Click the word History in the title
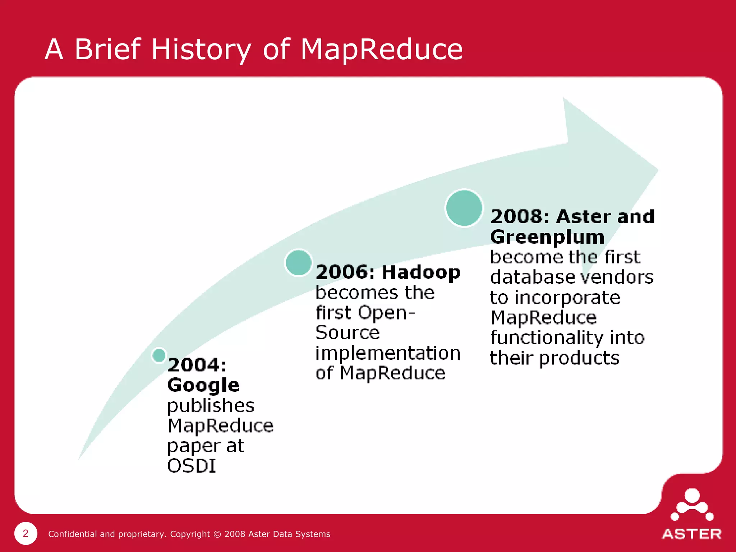(x=201, y=50)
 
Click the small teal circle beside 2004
(x=159, y=355)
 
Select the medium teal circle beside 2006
(x=298, y=263)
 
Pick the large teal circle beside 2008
(x=464, y=208)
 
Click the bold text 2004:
(x=197, y=365)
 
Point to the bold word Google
(x=203, y=385)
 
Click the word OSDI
(x=192, y=466)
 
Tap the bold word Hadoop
(x=421, y=272)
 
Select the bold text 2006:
(x=345, y=272)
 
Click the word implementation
(x=388, y=353)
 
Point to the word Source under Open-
(x=348, y=333)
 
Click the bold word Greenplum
(x=547, y=237)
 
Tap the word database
(x=533, y=277)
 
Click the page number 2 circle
(x=26, y=533)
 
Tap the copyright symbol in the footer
(x=217, y=534)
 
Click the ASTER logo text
(x=691, y=534)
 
